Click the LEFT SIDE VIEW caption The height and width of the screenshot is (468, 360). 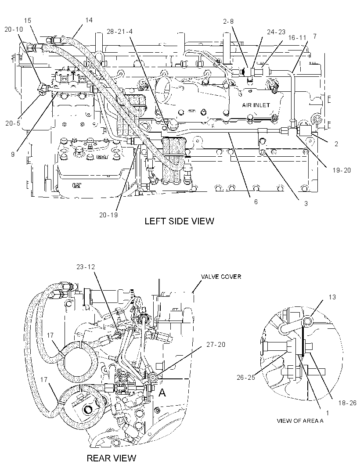point(179,221)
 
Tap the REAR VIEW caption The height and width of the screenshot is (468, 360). point(112,458)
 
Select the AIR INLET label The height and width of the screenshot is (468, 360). point(256,105)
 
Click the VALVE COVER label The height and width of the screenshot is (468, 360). point(221,277)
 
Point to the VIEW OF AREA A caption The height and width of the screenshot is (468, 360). point(300,421)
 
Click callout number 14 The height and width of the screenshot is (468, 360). point(89,20)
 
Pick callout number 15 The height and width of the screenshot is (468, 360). point(28,21)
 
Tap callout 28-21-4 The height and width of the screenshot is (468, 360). point(120,31)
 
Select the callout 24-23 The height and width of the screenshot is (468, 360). point(276,32)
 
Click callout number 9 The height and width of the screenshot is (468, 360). point(13,154)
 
